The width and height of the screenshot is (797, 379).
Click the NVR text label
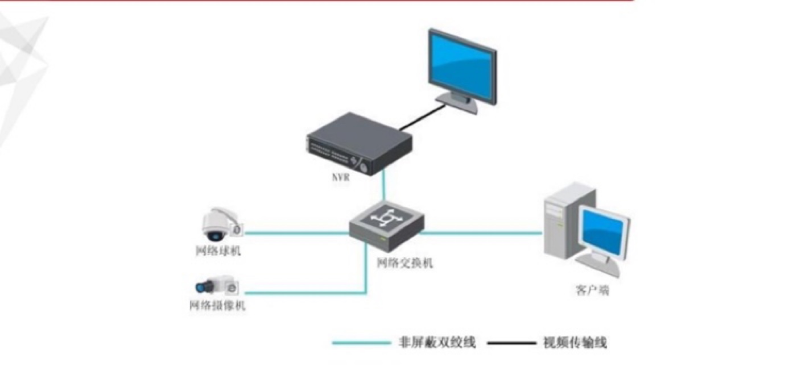[341, 177]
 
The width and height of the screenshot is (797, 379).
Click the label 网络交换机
[405, 263]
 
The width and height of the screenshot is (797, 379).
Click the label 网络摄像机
[217, 306]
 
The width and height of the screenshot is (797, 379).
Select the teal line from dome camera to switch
[296, 232]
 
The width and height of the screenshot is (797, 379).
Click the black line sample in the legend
[511, 343]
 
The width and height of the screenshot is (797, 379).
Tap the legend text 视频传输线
[575, 343]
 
